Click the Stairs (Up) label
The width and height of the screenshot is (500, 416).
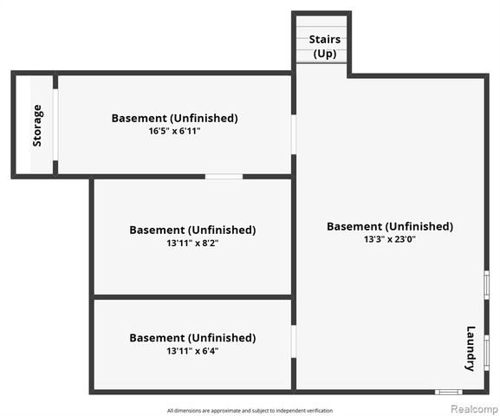(x=325, y=47)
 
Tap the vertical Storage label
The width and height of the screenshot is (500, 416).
(x=37, y=126)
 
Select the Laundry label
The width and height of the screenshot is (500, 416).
(x=471, y=348)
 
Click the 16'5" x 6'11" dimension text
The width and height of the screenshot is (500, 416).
(x=174, y=131)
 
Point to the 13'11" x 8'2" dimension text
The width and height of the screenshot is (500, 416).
(x=192, y=243)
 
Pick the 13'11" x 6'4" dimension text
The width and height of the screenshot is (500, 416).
(x=192, y=351)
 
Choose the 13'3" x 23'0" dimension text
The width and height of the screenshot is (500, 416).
(x=390, y=239)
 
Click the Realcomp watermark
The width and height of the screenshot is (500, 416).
(x=475, y=409)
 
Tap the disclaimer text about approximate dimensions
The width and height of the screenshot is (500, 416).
(x=250, y=411)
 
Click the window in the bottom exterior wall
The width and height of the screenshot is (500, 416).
(x=449, y=392)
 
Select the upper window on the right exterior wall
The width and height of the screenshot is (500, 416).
(x=487, y=285)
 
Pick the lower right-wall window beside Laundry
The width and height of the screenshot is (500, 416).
(x=487, y=353)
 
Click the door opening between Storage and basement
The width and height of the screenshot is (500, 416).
(x=55, y=125)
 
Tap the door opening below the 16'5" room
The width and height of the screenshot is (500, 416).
(x=224, y=177)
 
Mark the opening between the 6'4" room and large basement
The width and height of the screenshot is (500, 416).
(x=294, y=341)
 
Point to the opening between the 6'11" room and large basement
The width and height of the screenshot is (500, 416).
(x=294, y=134)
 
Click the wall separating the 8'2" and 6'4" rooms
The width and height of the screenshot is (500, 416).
(x=192, y=297)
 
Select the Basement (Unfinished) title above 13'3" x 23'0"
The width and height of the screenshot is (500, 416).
(x=390, y=226)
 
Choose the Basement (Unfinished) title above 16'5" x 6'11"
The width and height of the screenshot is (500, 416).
(x=174, y=118)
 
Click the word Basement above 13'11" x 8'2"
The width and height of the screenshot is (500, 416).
(x=157, y=230)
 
